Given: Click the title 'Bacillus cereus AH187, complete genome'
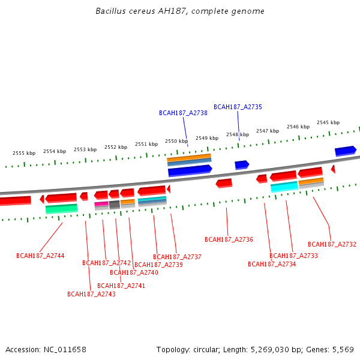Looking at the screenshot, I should pos(180,11).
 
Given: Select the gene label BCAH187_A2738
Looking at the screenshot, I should pos(183,113).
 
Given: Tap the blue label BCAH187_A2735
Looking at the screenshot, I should pos(238,107).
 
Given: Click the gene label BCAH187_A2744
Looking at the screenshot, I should pos(40,256).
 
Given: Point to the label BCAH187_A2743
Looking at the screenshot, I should pos(91,294).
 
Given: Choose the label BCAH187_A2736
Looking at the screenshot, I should pos(229,239).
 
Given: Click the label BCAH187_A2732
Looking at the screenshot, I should pos(332,244).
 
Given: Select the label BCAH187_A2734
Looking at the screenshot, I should pos(272,264).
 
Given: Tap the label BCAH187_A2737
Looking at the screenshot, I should pos(177,257).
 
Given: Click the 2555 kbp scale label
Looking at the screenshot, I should pos(24,153).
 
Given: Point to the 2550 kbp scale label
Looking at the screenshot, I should pos(176,141).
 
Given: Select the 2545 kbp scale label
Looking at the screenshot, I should pos(328,122).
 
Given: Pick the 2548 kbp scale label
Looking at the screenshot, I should pos(238,134).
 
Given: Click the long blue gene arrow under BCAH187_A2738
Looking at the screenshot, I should pos(190,170).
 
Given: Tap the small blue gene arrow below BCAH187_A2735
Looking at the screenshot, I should pos(242,164).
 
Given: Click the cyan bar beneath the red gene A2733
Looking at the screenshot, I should pos(284,187).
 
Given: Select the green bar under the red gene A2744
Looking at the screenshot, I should pos(61,208).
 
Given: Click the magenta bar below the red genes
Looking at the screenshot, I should pos(101,204).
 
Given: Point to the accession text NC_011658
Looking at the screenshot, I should pos(46,349).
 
